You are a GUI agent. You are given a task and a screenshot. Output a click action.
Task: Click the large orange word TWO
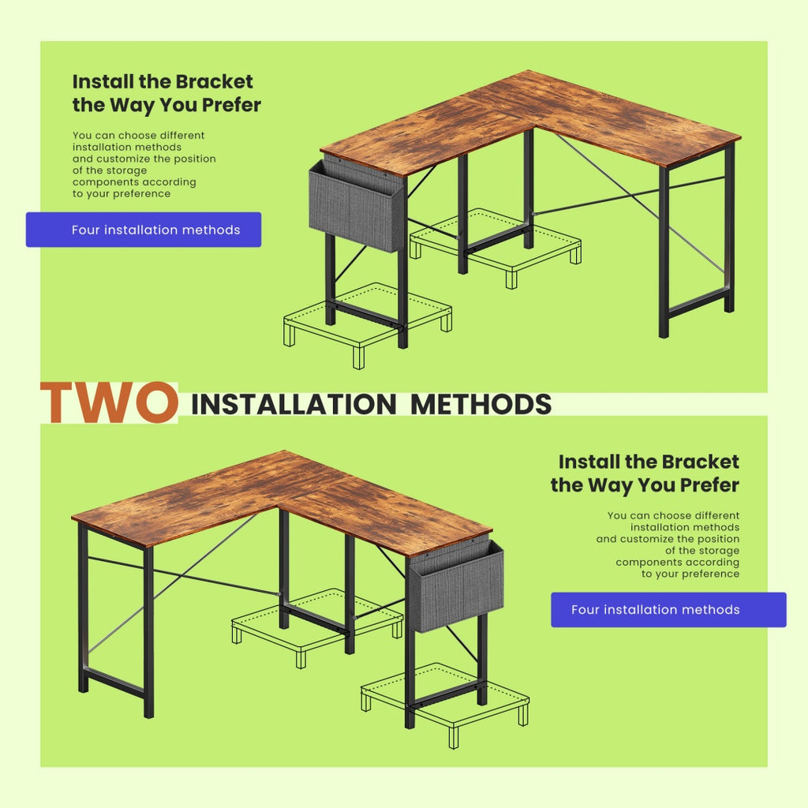pyautogui.click(x=108, y=402)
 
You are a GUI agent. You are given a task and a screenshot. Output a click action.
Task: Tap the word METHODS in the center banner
pyautogui.click(x=481, y=404)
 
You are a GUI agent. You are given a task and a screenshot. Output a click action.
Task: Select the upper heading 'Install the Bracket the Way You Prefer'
pyautogui.click(x=166, y=93)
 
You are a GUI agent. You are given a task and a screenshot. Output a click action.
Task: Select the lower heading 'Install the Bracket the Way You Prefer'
pyautogui.click(x=645, y=473)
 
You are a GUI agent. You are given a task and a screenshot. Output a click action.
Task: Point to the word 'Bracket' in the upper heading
pyautogui.click(x=214, y=82)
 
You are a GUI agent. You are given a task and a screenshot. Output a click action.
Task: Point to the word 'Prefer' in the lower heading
pyautogui.click(x=701, y=484)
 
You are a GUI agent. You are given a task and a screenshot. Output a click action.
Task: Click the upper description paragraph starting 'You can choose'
pyautogui.click(x=144, y=164)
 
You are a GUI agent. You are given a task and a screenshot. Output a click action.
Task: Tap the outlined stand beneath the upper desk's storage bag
pyautogui.click(x=367, y=319)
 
